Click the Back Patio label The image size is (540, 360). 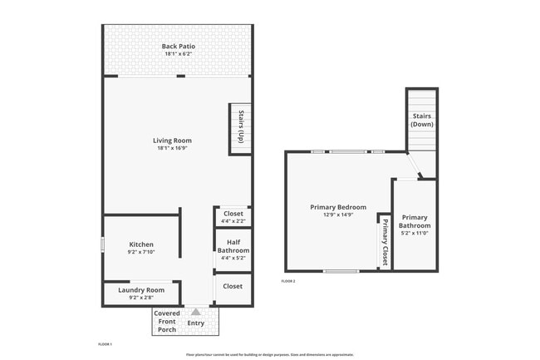tap(178, 46)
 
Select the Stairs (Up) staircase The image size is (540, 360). tap(240, 128)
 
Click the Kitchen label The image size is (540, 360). tap(140, 244)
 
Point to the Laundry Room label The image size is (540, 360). tap(141, 289)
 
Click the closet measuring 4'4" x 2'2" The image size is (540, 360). tap(233, 217)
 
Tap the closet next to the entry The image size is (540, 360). tap(233, 287)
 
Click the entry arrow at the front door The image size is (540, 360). tap(196, 312)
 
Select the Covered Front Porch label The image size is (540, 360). tap(168, 322)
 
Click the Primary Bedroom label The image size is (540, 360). tap(338, 207)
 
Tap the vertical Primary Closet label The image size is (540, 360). tap(385, 241)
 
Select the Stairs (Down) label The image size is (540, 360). tap(422, 120)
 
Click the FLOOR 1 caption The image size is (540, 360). tap(105, 343)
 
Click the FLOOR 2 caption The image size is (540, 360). tap(288, 281)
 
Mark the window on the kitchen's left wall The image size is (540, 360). tap(102, 244)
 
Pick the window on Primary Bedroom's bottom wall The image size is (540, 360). tap(341, 271)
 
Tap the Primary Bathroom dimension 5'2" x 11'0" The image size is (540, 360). tap(415, 234)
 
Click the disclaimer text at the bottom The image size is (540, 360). tap(270, 354)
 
